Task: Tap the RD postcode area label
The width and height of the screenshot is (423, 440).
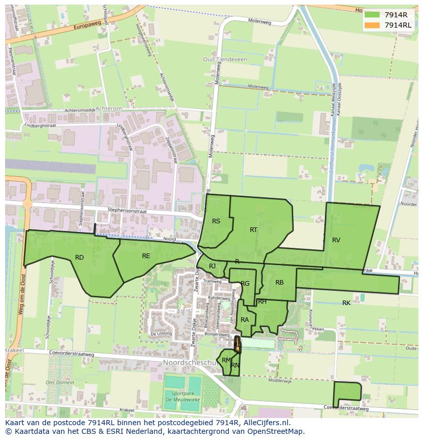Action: [79, 258]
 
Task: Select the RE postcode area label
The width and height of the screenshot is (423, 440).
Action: [146, 256]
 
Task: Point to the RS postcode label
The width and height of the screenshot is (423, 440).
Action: [216, 221]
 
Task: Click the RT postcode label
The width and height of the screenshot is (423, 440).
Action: [253, 230]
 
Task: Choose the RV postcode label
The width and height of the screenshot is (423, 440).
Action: [336, 240]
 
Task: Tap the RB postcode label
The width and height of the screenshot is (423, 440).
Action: [279, 283]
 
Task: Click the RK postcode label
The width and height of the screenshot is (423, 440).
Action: [346, 303]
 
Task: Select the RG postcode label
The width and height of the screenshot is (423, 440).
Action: [245, 284]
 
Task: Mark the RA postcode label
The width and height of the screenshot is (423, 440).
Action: [245, 320]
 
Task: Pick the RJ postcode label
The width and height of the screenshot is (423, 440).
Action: [212, 266]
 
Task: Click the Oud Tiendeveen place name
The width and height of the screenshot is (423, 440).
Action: [225, 60]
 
